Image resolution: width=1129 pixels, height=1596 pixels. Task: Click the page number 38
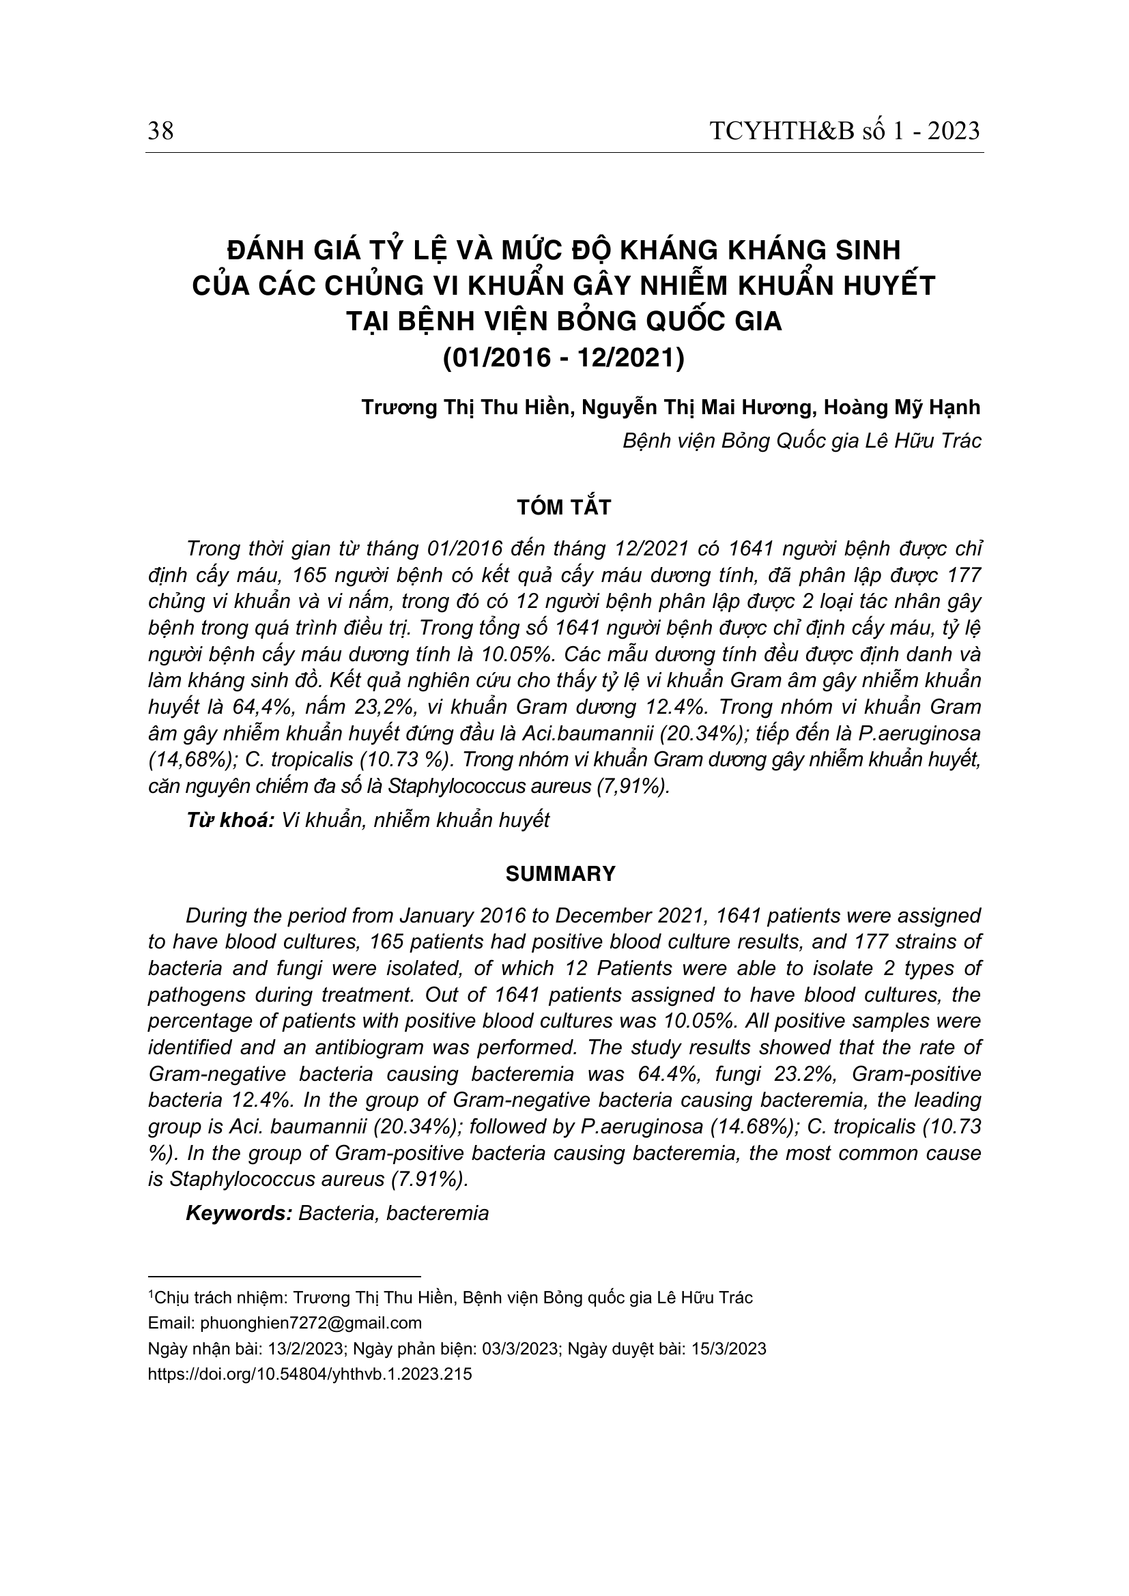tap(160, 131)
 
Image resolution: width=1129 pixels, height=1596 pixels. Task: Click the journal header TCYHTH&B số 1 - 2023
tap(844, 131)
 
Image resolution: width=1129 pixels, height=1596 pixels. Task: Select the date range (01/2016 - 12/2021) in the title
tap(564, 359)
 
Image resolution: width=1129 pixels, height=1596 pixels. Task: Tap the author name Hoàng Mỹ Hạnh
tap(902, 407)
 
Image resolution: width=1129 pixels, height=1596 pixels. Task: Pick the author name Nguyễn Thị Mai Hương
tap(698, 407)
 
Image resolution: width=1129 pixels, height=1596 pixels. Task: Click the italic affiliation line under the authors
tap(801, 441)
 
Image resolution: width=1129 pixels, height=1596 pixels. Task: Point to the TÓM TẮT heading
tap(564, 508)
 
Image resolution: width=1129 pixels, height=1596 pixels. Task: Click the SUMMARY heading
tap(561, 875)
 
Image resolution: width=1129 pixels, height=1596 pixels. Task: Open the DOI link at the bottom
tap(310, 1374)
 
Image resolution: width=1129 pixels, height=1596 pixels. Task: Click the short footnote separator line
tap(285, 1277)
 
